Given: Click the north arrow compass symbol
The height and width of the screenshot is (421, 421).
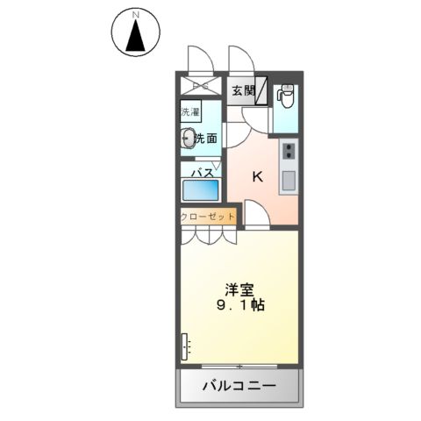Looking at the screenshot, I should [x=135, y=37].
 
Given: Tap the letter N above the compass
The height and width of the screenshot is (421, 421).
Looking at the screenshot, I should [x=136, y=15].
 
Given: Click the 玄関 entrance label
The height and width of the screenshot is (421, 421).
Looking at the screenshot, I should [x=244, y=89].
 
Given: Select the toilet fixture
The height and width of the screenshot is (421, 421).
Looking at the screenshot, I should [x=284, y=93].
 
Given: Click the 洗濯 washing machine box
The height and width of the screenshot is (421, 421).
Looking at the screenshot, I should [x=190, y=112].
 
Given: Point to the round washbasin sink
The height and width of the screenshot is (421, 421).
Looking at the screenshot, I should [x=187, y=137].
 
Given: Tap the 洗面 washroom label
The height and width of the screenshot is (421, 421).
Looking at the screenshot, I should [x=207, y=138].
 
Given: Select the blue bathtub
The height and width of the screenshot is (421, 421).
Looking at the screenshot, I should [x=203, y=191].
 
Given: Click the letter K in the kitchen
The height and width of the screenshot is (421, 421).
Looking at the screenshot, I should [x=258, y=176].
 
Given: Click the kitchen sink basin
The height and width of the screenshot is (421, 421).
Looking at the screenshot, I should [x=289, y=182].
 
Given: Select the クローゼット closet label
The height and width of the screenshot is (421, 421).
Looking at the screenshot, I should [x=209, y=216].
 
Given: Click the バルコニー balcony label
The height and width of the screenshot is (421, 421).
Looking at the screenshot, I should [x=239, y=386].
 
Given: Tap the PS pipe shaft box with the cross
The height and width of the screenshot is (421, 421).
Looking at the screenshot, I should [x=202, y=85].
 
